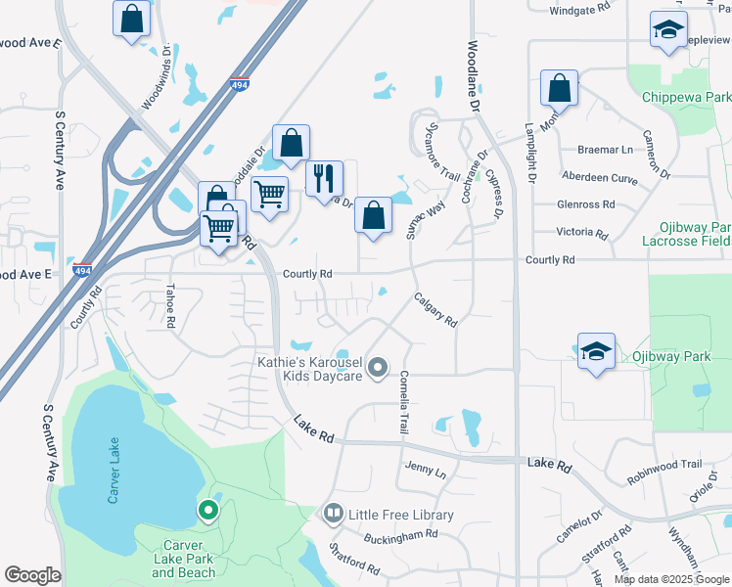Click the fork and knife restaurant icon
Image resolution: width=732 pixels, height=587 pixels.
click(325, 179)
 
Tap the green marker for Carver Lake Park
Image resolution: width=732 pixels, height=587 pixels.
click(207, 510)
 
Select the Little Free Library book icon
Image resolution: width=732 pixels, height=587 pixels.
click(333, 514)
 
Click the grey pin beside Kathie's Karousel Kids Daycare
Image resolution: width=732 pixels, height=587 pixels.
click(379, 368)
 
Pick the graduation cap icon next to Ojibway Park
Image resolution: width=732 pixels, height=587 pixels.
click(594, 352)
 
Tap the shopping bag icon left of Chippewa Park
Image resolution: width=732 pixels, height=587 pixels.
click(558, 88)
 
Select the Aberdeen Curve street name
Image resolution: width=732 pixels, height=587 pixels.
click(598, 177)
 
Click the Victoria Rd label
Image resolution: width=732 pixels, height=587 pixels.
click(582, 233)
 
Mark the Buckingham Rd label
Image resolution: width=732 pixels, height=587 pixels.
click(402, 535)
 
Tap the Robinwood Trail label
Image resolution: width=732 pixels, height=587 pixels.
click(664, 465)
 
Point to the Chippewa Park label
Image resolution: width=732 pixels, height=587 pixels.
click(686, 98)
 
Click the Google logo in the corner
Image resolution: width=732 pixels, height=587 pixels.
click(32, 575)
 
